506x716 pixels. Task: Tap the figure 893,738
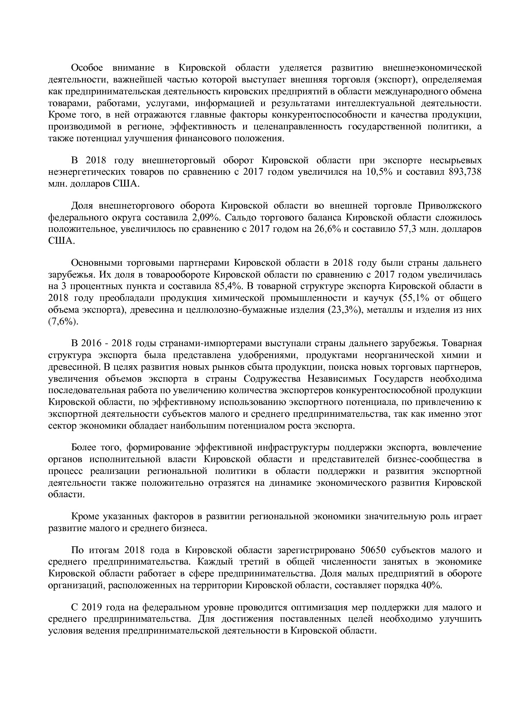(x=465, y=172)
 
